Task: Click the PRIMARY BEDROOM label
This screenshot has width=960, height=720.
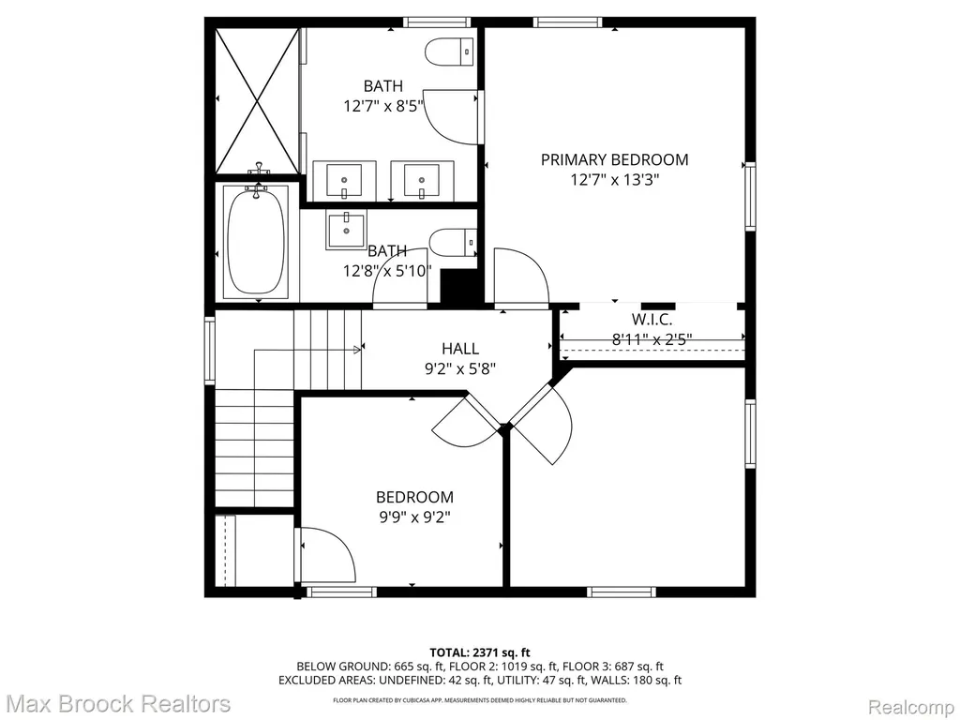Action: pyautogui.click(x=614, y=159)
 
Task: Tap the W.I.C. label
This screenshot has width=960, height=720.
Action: pyautogui.click(x=652, y=319)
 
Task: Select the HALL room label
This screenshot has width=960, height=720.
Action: pyautogui.click(x=460, y=349)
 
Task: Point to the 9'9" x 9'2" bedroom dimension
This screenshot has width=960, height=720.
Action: pyautogui.click(x=414, y=517)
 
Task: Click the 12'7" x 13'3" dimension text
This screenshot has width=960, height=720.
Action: pyautogui.click(x=614, y=180)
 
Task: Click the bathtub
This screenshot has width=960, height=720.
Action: pyautogui.click(x=257, y=242)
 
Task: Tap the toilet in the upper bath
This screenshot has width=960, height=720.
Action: pyautogui.click(x=450, y=52)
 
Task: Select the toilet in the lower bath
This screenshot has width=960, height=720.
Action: pyautogui.click(x=453, y=242)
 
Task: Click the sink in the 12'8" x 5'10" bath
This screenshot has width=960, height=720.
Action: pyautogui.click(x=345, y=232)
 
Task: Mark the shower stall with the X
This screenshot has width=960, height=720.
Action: pyautogui.click(x=258, y=101)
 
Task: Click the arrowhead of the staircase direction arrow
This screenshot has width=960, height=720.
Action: pyautogui.click(x=357, y=351)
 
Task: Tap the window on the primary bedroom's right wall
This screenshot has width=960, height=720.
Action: pyautogui.click(x=750, y=197)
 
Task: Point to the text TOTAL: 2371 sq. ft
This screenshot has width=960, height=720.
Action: pyautogui.click(x=479, y=652)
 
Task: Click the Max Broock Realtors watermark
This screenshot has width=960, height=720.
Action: pyautogui.click(x=119, y=704)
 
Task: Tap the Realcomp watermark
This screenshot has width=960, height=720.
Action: pyautogui.click(x=911, y=707)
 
